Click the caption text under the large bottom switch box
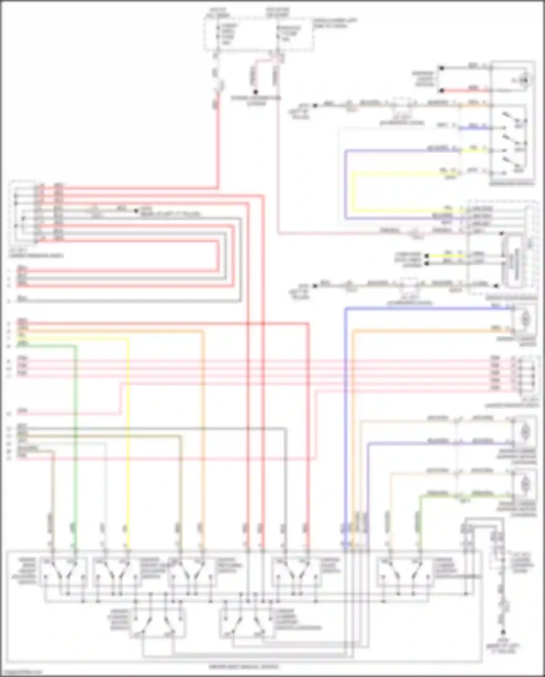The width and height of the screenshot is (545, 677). pos(244,667)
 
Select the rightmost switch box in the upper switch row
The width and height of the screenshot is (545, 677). pos(405,572)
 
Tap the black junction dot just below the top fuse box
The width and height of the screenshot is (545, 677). pos(255,92)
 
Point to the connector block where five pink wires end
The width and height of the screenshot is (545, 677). pos(526,377)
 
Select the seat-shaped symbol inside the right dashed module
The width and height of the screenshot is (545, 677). pos(513,260)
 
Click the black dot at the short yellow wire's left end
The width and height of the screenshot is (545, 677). pos(427,256)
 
